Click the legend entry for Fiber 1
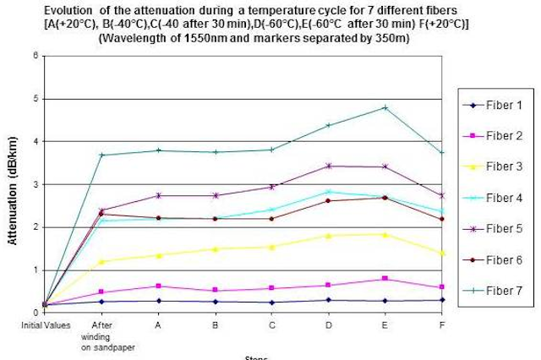tap(504, 106)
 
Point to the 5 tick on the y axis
tap(35, 99)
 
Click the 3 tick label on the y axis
tap(35, 184)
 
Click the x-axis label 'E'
tap(385, 323)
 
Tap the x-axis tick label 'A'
tap(158, 323)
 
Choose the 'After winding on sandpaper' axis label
tap(101, 333)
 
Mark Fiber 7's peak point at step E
tap(385, 108)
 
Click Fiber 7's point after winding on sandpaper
tap(101, 155)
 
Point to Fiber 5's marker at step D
tap(328, 166)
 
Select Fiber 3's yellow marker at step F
tap(442, 253)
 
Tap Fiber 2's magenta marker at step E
tap(385, 278)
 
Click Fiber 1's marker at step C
tap(271, 303)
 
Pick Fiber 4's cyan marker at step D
tap(328, 192)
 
